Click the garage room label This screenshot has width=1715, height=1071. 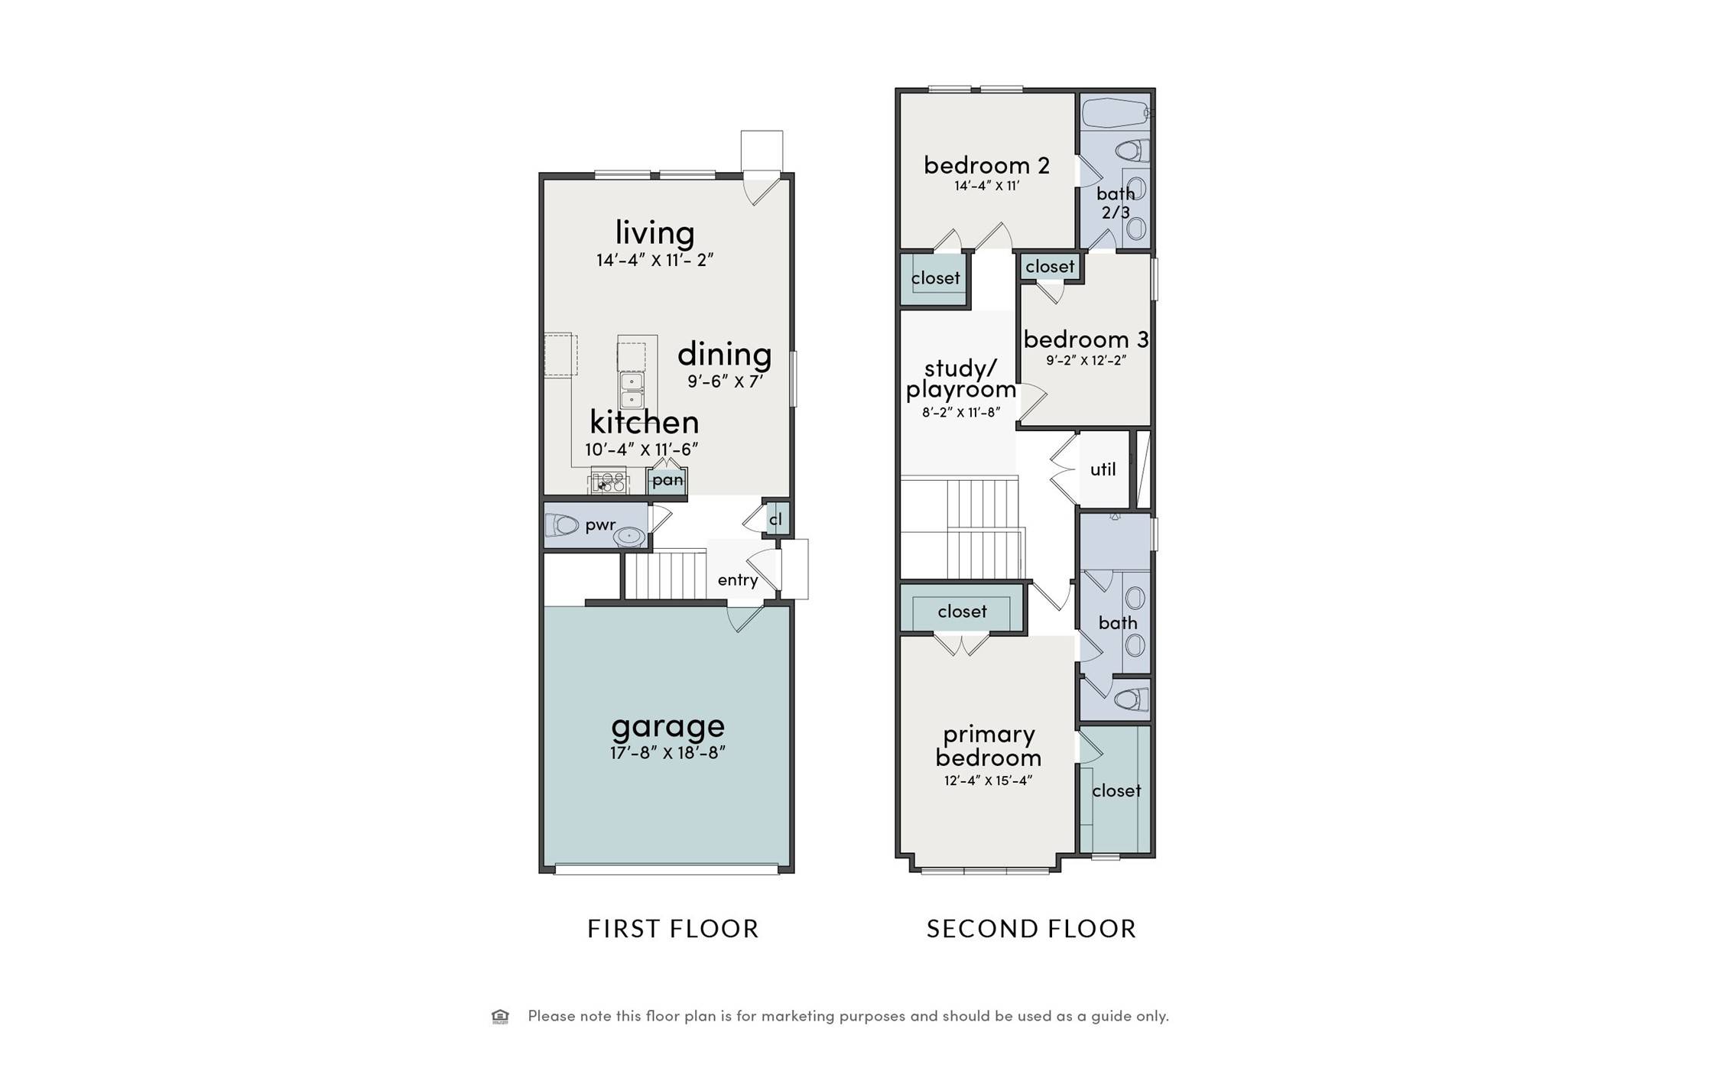pos(667,725)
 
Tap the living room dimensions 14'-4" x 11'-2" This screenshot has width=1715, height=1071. pos(654,260)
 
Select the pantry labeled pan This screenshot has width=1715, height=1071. pos(667,480)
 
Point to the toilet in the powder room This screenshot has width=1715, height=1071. pos(562,525)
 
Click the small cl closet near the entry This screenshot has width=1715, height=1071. pos(776,519)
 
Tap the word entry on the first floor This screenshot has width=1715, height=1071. pos(738,580)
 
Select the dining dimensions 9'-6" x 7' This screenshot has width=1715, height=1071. pos(725,381)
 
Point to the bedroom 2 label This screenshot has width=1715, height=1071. pos(986,165)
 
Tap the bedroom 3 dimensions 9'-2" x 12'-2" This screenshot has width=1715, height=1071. pos(1086,360)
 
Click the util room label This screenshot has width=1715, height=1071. pos(1103,469)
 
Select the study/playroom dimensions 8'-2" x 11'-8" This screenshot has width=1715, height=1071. pos(961,413)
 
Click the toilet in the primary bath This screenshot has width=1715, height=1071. pos(1132,699)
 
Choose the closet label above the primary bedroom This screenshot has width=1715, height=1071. pos(962,612)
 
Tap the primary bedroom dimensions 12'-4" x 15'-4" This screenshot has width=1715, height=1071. pos(988,781)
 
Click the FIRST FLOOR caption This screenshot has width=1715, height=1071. pos(673,929)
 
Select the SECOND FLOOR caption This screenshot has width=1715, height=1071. pos(1031,929)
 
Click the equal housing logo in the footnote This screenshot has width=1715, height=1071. pos(500,1016)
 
